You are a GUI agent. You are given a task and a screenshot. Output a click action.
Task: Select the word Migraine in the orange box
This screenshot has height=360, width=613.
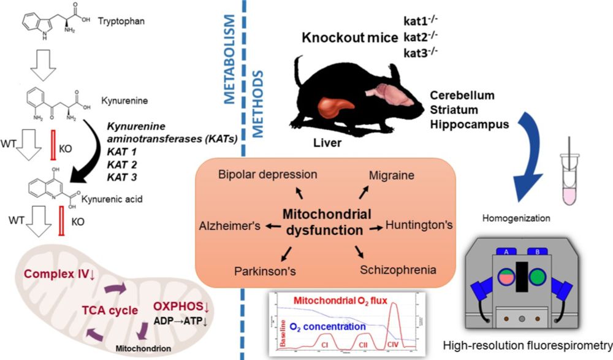click(x=391, y=175)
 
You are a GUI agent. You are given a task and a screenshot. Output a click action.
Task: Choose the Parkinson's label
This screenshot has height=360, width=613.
click(x=258, y=270)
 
